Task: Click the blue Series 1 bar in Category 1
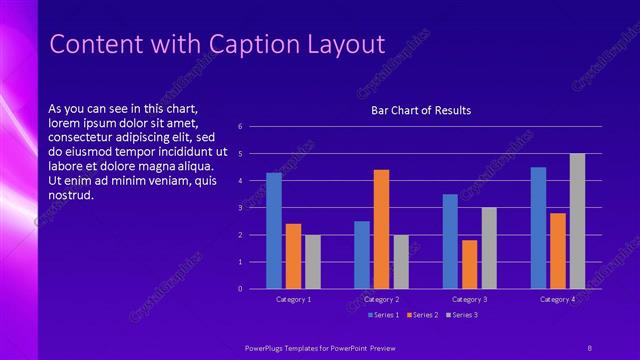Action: pyautogui.click(x=274, y=231)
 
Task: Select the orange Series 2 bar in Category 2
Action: pyautogui.click(x=381, y=229)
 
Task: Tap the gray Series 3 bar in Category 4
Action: pyautogui.click(x=577, y=221)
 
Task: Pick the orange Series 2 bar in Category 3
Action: pyautogui.click(x=469, y=264)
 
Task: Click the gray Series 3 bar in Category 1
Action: pyautogui.click(x=312, y=262)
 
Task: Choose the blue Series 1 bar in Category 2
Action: pyautogui.click(x=362, y=255)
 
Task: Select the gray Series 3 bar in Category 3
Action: pyautogui.click(x=489, y=248)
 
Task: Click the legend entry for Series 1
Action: pyautogui.click(x=385, y=316)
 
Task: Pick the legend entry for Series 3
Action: pyautogui.click(x=463, y=316)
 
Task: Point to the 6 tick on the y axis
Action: pyautogui.click(x=240, y=127)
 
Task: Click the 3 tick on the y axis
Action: pyautogui.click(x=240, y=208)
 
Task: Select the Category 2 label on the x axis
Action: pyautogui.click(x=381, y=299)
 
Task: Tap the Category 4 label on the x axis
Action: pyautogui.click(x=557, y=299)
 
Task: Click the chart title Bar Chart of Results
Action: pyautogui.click(x=421, y=110)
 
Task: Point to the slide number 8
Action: pyautogui.click(x=589, y=346)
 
